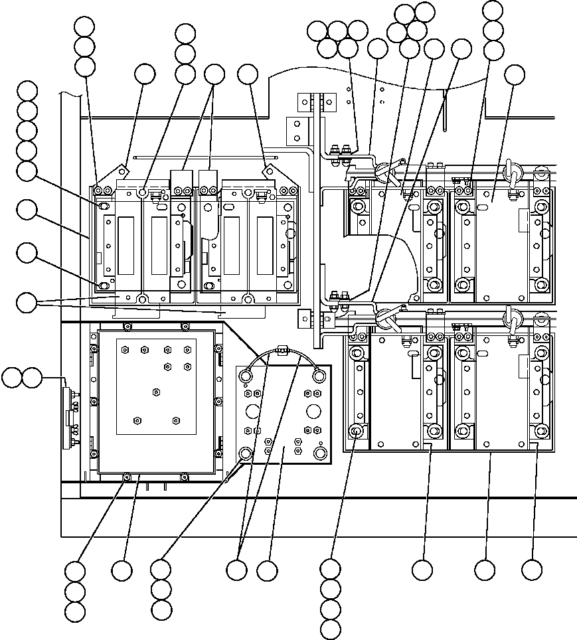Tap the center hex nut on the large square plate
tap(156, 392)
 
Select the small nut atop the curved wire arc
tap(282, 348)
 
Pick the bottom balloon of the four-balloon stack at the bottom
tap(330, 629)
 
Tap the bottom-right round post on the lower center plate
tap(319, 453)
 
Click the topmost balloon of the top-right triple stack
tap(493, 10)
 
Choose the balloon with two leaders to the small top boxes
tap(214, 74)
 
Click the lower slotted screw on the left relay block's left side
tap(104, 285)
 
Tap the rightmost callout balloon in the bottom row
tap(531, 570)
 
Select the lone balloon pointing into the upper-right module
tap(515, 75)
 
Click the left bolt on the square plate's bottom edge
tap(126, 476)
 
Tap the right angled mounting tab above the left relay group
tap(270, 171)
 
